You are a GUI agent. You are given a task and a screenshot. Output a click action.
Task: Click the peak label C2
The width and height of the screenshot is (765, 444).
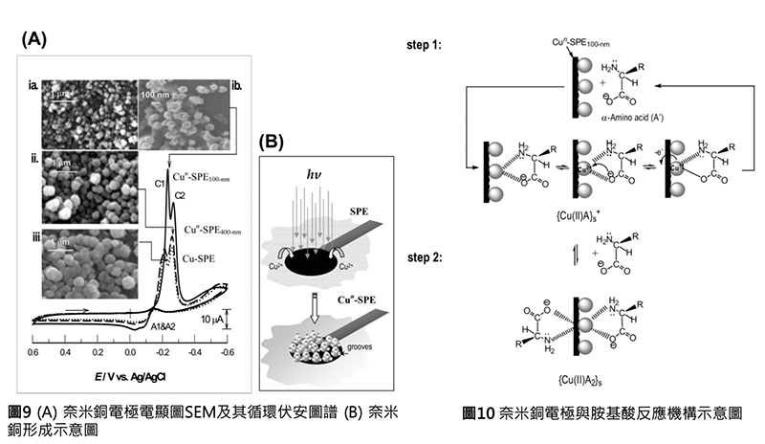click(179, 196)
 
